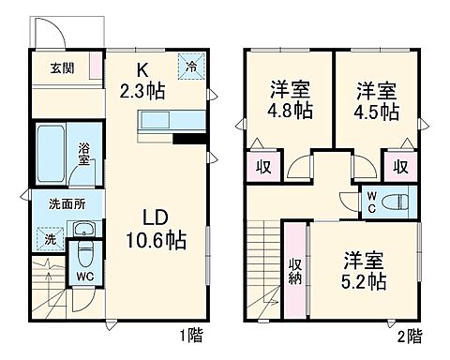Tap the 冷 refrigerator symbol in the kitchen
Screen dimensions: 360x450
click(191, 67)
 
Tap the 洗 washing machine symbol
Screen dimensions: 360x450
click(50, 239)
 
